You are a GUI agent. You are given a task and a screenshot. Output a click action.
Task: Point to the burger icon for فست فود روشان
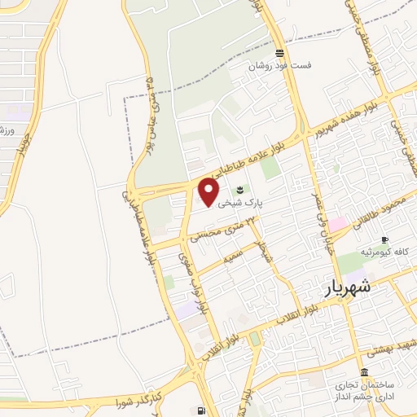[x=279, y=52]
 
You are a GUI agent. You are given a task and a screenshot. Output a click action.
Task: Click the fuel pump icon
[x=200, y=410]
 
